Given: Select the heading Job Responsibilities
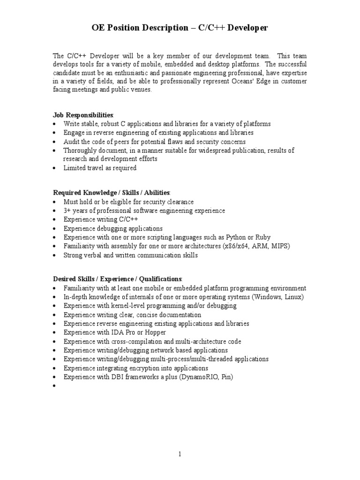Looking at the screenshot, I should (x=83, y=115).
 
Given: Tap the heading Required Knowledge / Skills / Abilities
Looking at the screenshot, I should (x=112, y=193).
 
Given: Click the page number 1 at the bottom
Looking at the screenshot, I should (x=180, y=454).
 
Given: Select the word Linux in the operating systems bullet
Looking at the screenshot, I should (x=293, y=297).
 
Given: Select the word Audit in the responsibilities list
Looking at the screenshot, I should (x=72, y=142).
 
